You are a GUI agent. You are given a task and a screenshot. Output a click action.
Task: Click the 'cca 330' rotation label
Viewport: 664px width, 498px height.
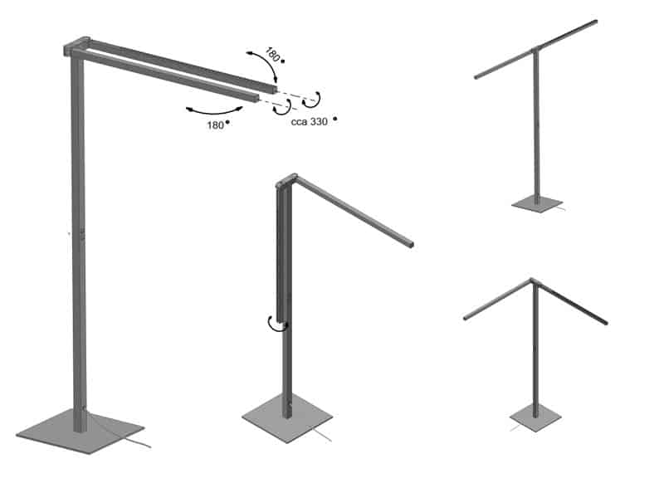coord(310,122)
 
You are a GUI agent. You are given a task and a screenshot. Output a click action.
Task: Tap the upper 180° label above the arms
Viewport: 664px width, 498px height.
coord(273,55)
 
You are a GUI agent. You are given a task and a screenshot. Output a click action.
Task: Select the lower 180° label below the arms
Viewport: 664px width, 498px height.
coord(216,125)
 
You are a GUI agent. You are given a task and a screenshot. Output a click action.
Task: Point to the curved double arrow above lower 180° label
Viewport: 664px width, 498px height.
coord(214,112)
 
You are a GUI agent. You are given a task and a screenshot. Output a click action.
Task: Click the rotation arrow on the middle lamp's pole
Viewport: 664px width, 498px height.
coord(277,325)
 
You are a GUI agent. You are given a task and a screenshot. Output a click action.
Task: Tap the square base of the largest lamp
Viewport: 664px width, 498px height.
coord(81,431)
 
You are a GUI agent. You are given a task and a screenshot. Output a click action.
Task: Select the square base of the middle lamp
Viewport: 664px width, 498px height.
coord(286,418)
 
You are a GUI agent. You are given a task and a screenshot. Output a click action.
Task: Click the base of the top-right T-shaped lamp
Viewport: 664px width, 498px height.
coord(537,203)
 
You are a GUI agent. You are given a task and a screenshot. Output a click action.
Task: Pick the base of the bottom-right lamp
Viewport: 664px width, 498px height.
coord(535,418)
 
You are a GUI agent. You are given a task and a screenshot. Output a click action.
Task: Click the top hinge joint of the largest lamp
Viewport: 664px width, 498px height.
coord(76,46)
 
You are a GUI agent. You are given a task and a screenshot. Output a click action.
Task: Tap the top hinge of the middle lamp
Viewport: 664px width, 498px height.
coord(286,181)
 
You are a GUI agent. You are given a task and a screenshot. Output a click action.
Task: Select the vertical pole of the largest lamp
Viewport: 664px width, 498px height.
coord(79,242)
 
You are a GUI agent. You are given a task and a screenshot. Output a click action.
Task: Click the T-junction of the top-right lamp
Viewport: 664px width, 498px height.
coord(535,49)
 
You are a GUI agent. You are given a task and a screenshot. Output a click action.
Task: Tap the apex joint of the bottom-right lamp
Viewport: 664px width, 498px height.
coord(533,281)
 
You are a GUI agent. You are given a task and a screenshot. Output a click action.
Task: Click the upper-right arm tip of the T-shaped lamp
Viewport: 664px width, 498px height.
coord(595,22)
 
